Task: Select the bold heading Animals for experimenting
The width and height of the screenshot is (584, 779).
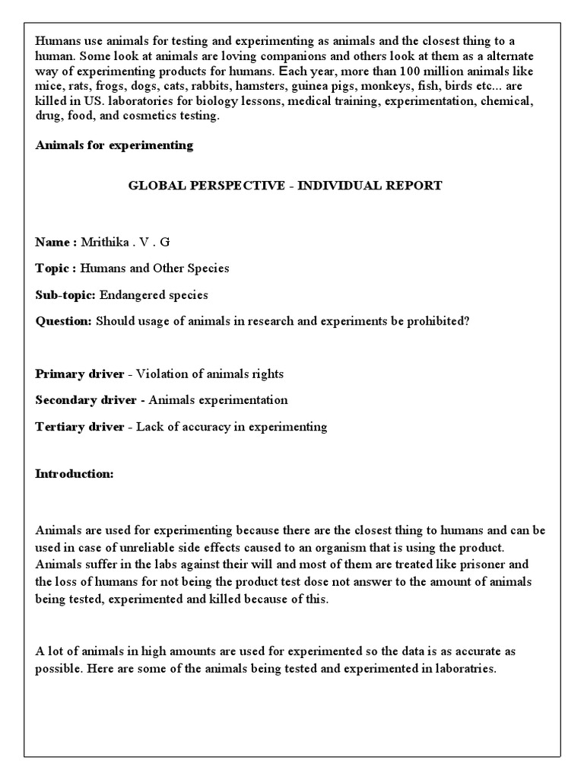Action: (x=114, y=145)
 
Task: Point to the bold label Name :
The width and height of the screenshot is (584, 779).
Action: (x=56, y=242)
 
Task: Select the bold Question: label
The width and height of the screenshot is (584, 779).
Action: (x=64, y=321)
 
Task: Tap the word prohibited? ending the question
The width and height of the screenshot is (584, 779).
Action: (x=440, y=321)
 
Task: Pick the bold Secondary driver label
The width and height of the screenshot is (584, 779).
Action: (x=86, y=399)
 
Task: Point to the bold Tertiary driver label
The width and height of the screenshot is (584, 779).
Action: (x=79, y=426)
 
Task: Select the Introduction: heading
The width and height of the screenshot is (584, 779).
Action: (x=75, y=473)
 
